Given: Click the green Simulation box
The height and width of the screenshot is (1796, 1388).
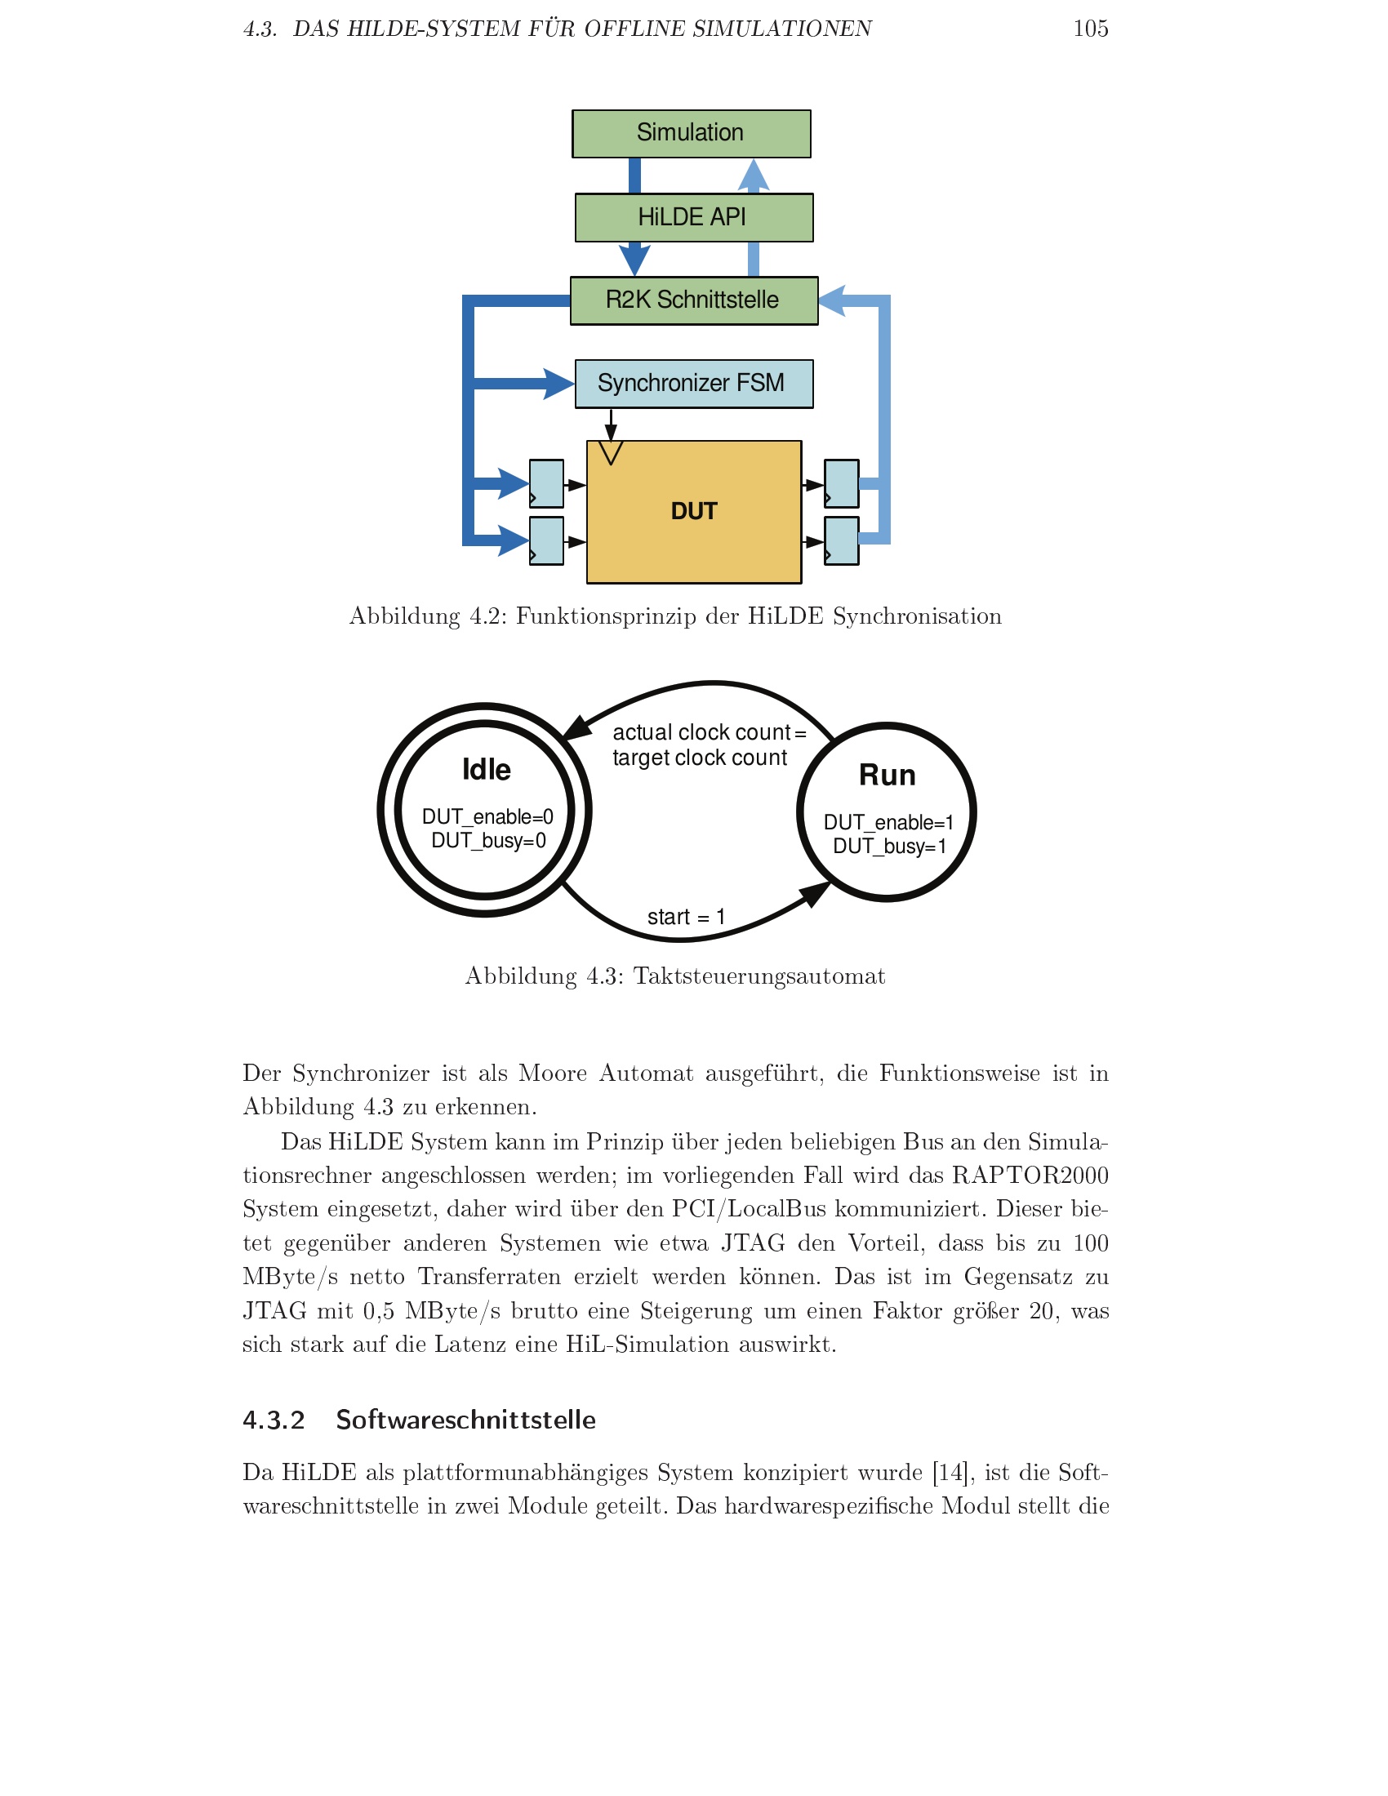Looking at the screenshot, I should coord(691,133).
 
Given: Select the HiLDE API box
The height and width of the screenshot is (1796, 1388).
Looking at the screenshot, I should coord(693,217).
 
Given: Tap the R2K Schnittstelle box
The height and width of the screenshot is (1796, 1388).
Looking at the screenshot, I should coord(693,300).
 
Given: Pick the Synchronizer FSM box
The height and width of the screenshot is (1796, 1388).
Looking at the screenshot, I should coord(693,383).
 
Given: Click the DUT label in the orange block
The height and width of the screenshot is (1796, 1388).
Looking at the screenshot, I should coord(693,511).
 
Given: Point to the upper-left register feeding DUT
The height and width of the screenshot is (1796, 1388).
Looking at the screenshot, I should coord(546,483).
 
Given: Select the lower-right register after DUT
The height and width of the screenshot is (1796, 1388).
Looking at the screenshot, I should coord(841,540).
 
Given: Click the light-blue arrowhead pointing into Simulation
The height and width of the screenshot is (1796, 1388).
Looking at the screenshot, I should coord(754,175).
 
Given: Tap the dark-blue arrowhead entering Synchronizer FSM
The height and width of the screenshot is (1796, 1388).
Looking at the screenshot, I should coord(558,384).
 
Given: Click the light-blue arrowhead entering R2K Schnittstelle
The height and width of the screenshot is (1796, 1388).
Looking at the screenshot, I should coord(832,301).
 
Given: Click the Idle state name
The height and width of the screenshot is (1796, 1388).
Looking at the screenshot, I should coord(486,770).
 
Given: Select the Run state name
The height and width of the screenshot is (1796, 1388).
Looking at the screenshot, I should coord(887,775).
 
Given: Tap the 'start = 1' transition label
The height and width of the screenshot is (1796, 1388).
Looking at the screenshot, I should coord(686,917).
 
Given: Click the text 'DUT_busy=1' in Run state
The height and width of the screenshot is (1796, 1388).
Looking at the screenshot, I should coord(889,847).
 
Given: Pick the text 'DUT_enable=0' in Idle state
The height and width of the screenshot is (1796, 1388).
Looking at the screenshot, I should coord(487,816).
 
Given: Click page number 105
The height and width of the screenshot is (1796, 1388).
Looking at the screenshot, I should coord(1090,29).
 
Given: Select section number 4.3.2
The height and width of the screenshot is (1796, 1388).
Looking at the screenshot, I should coord(273,1420).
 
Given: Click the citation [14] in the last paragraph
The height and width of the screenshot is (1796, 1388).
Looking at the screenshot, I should coord(950,1472).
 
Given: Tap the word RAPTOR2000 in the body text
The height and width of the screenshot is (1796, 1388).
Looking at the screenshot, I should coord(1030,1175).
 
